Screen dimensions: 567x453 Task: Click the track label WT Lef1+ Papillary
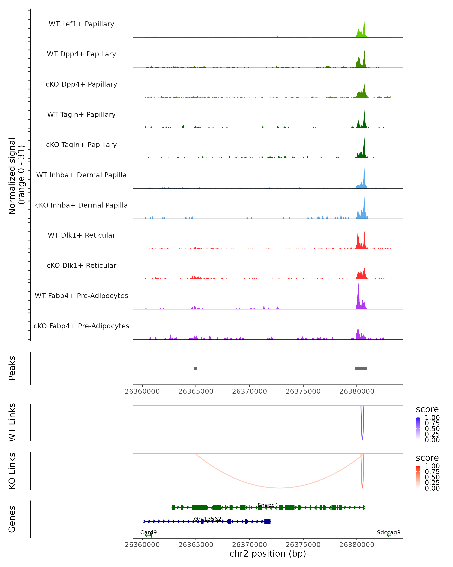(x=81, y=24)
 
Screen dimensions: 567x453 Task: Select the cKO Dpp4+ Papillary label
(x=81, y=84)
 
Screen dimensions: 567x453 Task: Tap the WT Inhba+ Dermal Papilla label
(x=81, y=175)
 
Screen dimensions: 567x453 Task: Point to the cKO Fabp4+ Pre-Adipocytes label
(x=81, y=326)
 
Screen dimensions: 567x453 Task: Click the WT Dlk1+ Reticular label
(x=81, y=235)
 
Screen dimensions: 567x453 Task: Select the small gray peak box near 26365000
(x=195, y=368)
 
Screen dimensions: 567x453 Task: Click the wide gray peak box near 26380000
(x=361, y=368)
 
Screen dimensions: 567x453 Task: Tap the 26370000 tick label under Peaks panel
(x=250, y=392)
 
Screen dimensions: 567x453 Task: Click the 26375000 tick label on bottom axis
(x=303, y=545)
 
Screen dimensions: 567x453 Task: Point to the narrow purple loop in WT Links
(x=362, y=431)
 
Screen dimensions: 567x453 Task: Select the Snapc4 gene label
(x=268, y=505)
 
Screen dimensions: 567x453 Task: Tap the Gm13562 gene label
(x=207, y=519)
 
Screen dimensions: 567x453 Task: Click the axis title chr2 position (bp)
(x=268, y=554)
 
